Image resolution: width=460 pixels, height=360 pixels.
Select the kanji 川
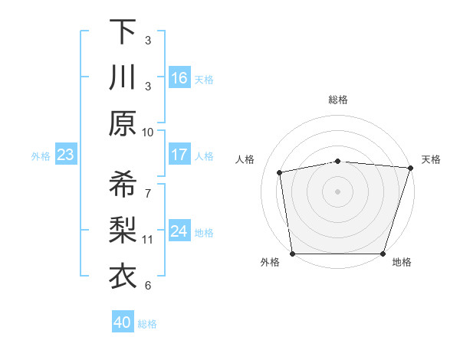point(123,78)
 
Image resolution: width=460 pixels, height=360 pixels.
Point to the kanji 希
point(123,184)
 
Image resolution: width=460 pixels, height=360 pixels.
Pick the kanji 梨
point(123,231)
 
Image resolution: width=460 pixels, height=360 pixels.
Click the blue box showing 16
point(179,78)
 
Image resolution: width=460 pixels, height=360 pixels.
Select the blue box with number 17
point(179,155)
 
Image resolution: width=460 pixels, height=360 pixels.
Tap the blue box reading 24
point(179,232)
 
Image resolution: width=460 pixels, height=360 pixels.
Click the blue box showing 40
point(123,322)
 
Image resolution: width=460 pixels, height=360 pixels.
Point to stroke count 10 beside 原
point(148,132)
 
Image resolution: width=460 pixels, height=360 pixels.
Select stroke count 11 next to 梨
point(148,239)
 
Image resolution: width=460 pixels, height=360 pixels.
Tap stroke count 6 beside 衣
point(148,286)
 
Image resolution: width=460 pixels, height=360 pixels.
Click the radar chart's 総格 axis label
point(337,100)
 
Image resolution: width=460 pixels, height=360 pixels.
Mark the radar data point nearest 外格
point(292,254)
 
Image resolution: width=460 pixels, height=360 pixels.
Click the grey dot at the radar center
point(337,191)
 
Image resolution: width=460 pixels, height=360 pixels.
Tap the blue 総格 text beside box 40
point(148,323)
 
